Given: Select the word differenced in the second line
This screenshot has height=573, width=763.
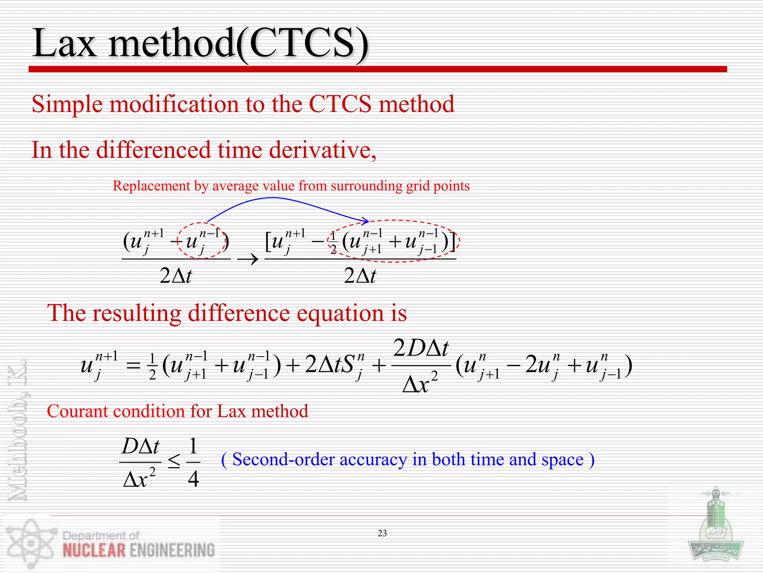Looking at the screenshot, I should click(x=153, y=150).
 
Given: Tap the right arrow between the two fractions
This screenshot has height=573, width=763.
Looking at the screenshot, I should click(x=248, y=259).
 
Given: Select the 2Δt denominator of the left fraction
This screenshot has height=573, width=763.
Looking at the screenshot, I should click(x=175, y=276).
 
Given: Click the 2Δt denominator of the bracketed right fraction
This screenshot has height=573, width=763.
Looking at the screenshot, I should click(x=360, y=276).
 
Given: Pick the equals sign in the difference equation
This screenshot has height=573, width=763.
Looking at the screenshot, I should click(x=133, y=366).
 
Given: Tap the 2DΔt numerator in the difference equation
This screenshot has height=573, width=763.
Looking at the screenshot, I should click(x=421, y=348).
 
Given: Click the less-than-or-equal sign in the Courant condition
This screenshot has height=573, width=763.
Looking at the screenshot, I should click(x=174, y=462).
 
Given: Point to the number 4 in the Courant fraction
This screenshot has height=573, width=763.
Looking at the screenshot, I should click(x=193, y=479).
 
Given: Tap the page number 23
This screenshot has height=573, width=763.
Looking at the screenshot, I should click(x=382, y=533).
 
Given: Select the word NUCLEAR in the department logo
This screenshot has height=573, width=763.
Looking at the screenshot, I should click(x=94, y=551).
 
